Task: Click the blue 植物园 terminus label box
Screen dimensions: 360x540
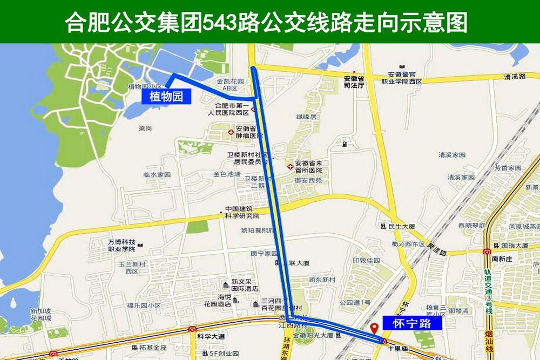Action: (167, 97)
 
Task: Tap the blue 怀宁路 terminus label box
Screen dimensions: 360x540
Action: (412, 323)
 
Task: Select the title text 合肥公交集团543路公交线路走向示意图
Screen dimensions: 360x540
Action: (266, 22)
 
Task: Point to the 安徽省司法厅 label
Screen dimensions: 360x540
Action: (354, 81)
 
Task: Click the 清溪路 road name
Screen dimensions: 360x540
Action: (515, 77)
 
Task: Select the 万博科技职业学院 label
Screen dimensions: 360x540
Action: (122, 245)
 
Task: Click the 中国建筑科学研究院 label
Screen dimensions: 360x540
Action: (242, 212)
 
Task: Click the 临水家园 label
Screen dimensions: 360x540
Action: (157, 175)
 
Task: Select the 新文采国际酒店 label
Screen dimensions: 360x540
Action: (245, 285)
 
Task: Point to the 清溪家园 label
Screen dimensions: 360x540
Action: (452, 154)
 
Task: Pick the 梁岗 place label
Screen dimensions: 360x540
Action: (145, 128)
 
